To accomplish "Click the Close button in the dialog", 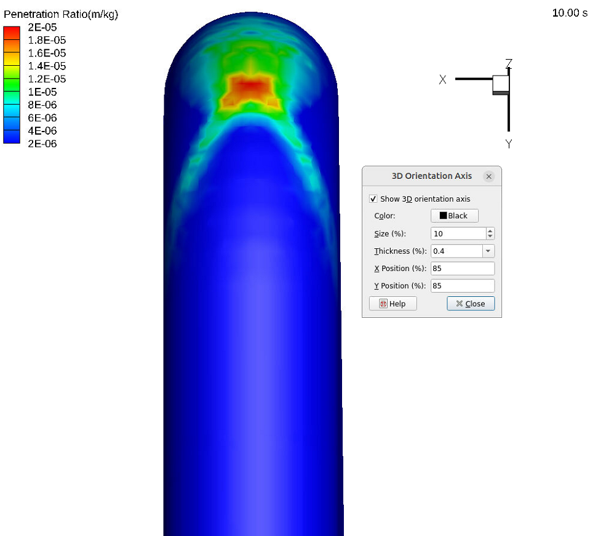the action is pyautogui.click(x=471, y=303).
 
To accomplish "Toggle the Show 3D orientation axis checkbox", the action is pyautogui.click(x=373, y=199).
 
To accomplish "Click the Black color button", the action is pyautogui.click(x=454, y=216).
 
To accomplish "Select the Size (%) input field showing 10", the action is pyautogui.click(x=458, y=234).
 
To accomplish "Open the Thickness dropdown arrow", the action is pyautogui.click(x=488, y=251).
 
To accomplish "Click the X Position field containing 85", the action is pyautogui.click(x=463, y=269).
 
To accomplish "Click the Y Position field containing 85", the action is pyautogui.click(x=463, y=286).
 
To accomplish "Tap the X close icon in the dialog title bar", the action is pyautogui.click(x=488, y=176).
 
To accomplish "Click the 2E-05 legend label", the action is pyautogui.click(x=42, y=27).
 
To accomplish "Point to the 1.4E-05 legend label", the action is pyautogui.click(x=47, y=66).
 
